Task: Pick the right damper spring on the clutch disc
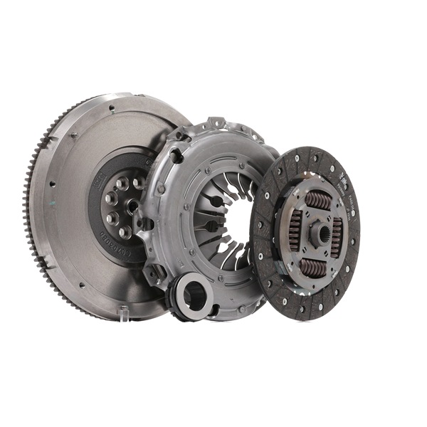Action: (x=337, y=234)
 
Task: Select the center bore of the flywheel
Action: (x=132, y=206)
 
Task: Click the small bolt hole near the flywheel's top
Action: (x=111, y=109)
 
